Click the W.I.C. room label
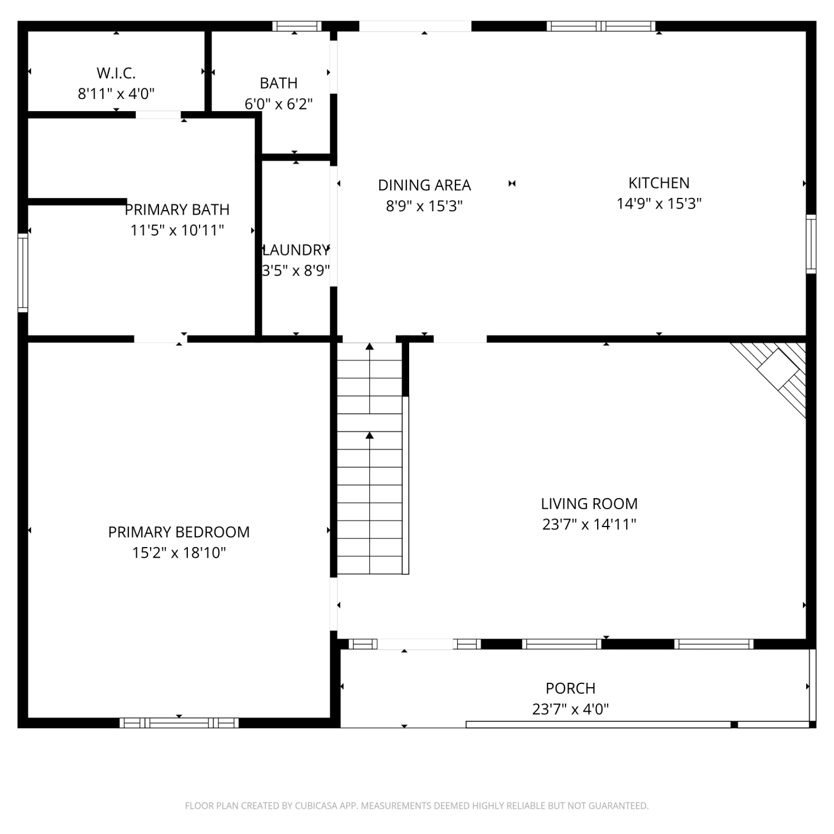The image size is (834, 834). tap(116, 73)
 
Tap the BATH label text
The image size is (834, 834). tap(279, 83)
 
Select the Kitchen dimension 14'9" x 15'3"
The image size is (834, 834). tap(659, 203)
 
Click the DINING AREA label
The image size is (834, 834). tap(424, 185)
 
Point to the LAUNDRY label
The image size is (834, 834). tap(296, 250)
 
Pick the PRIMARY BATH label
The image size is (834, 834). tap(177, 210)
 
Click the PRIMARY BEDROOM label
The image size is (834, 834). tap(178, 532)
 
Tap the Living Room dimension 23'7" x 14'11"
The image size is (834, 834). tap(589, 524)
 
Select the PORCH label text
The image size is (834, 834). tap(570, 688)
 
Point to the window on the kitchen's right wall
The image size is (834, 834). tap(811, 244)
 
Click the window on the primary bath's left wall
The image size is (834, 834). tap(23, 272)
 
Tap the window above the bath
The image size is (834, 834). tap(297, 26)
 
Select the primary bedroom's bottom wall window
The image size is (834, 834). tap(179, 723)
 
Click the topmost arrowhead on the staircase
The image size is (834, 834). tap(370, 346)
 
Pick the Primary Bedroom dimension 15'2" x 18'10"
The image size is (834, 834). tap(179, 553)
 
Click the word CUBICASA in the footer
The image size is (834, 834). tap(316, 806)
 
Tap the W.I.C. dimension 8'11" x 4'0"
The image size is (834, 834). tap(116, 93)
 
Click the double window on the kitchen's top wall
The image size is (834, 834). tap(601, 26)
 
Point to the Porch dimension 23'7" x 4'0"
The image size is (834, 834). tap(570, 709)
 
